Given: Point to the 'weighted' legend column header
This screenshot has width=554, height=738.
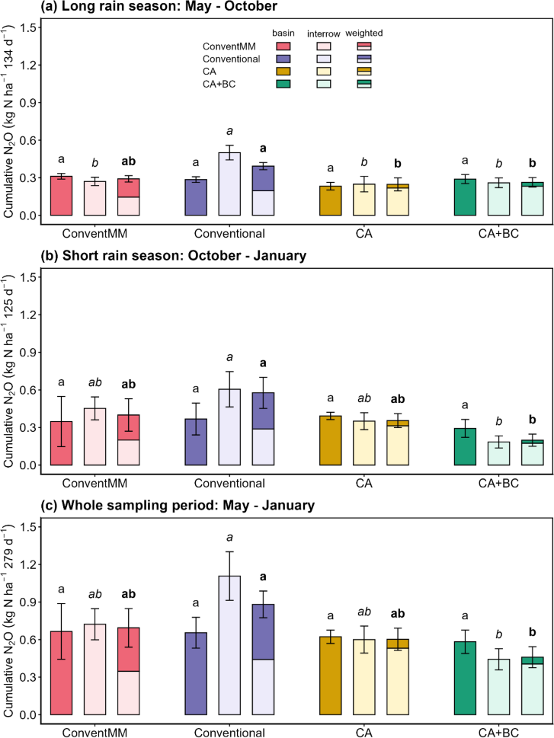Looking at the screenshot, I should tap(363, 34).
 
